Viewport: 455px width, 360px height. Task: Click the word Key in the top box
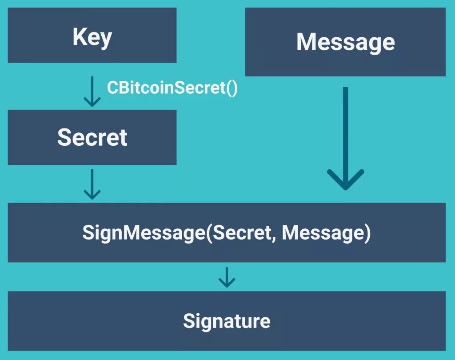(92, 37)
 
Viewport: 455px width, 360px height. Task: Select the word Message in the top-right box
(345, 42)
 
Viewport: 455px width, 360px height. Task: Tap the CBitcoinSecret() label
(172, 88)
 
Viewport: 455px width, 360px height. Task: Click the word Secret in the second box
(92, 137)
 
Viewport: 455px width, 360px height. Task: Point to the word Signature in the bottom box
(227, 321)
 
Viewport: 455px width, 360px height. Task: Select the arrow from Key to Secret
(92, 91)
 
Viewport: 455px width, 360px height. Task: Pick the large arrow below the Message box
(345, 138)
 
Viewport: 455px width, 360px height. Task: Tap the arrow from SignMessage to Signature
(227, 276)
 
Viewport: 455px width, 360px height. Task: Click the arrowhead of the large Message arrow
(345, 180)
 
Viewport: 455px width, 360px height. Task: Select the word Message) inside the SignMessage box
(326, 233)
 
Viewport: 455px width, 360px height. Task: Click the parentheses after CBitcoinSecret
(232, 88)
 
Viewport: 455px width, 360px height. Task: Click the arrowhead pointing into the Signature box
(227, 283)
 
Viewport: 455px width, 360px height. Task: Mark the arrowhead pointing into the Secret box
(92, 102)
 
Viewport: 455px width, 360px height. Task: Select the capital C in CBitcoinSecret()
(112, 88)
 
